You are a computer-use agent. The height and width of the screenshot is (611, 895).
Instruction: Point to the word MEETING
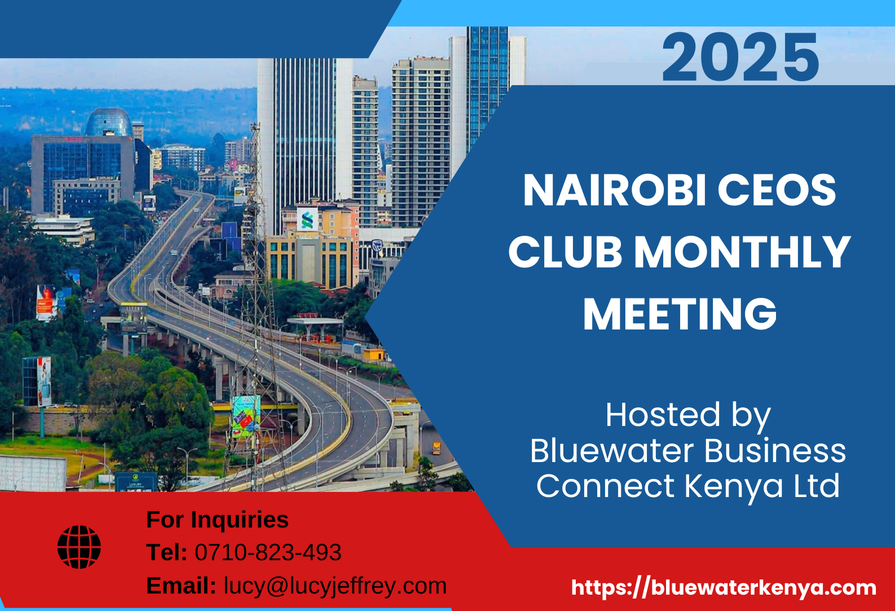tap(680, 314)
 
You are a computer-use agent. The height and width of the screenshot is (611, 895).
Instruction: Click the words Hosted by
tap(687, 415)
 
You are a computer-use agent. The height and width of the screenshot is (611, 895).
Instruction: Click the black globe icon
tap(79, 547)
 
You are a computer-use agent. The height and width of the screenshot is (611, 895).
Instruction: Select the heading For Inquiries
tap(217, 520)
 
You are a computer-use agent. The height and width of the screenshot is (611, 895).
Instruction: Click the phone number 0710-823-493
tap(268, 553)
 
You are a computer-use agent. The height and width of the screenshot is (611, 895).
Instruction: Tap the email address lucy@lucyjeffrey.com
tap(335, 586)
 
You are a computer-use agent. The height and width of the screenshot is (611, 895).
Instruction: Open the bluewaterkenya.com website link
tap(724, 588)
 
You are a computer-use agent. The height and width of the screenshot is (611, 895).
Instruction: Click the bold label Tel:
tap(166, 553)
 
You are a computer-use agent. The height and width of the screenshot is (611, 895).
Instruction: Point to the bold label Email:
tap(180, 586)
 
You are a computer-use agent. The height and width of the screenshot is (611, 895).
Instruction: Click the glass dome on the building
tap(109, 122)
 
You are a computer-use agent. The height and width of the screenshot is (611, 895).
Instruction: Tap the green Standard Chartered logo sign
tap(307, 220)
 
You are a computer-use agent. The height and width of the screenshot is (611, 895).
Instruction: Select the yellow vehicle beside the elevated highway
tap(437, 448)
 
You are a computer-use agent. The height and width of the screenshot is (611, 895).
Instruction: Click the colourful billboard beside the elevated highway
tap(246, 416)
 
